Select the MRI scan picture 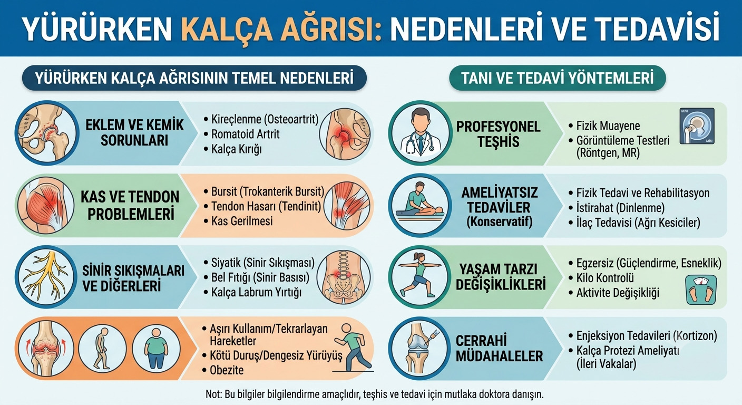tap(697, 126)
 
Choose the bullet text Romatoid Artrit tap(246, 134)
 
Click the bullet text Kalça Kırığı tap(237, 149)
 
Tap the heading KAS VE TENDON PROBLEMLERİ tap(130, 206)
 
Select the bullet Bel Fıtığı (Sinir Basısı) tap(260, 277)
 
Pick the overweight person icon tap(157, 349)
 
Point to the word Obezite tap(227, 370)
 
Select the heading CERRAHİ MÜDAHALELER tap(499, 349)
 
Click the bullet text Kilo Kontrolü tap(605, 278)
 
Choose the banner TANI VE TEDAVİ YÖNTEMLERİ tap(558, 78)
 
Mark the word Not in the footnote tap(213, 394)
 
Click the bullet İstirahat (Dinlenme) tap(620, 208)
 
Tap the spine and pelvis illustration tap(344, 277)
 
